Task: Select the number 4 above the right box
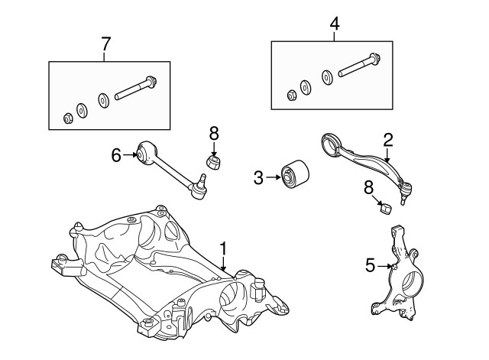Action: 334,24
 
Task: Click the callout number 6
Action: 116,156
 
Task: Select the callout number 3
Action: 259,178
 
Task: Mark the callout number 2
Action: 388,139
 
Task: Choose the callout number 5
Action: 371,266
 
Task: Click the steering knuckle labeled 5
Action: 401,275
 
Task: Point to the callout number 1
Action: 223,248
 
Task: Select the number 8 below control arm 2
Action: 369,186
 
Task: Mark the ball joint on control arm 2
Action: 407,185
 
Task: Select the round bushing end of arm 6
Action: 148,151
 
